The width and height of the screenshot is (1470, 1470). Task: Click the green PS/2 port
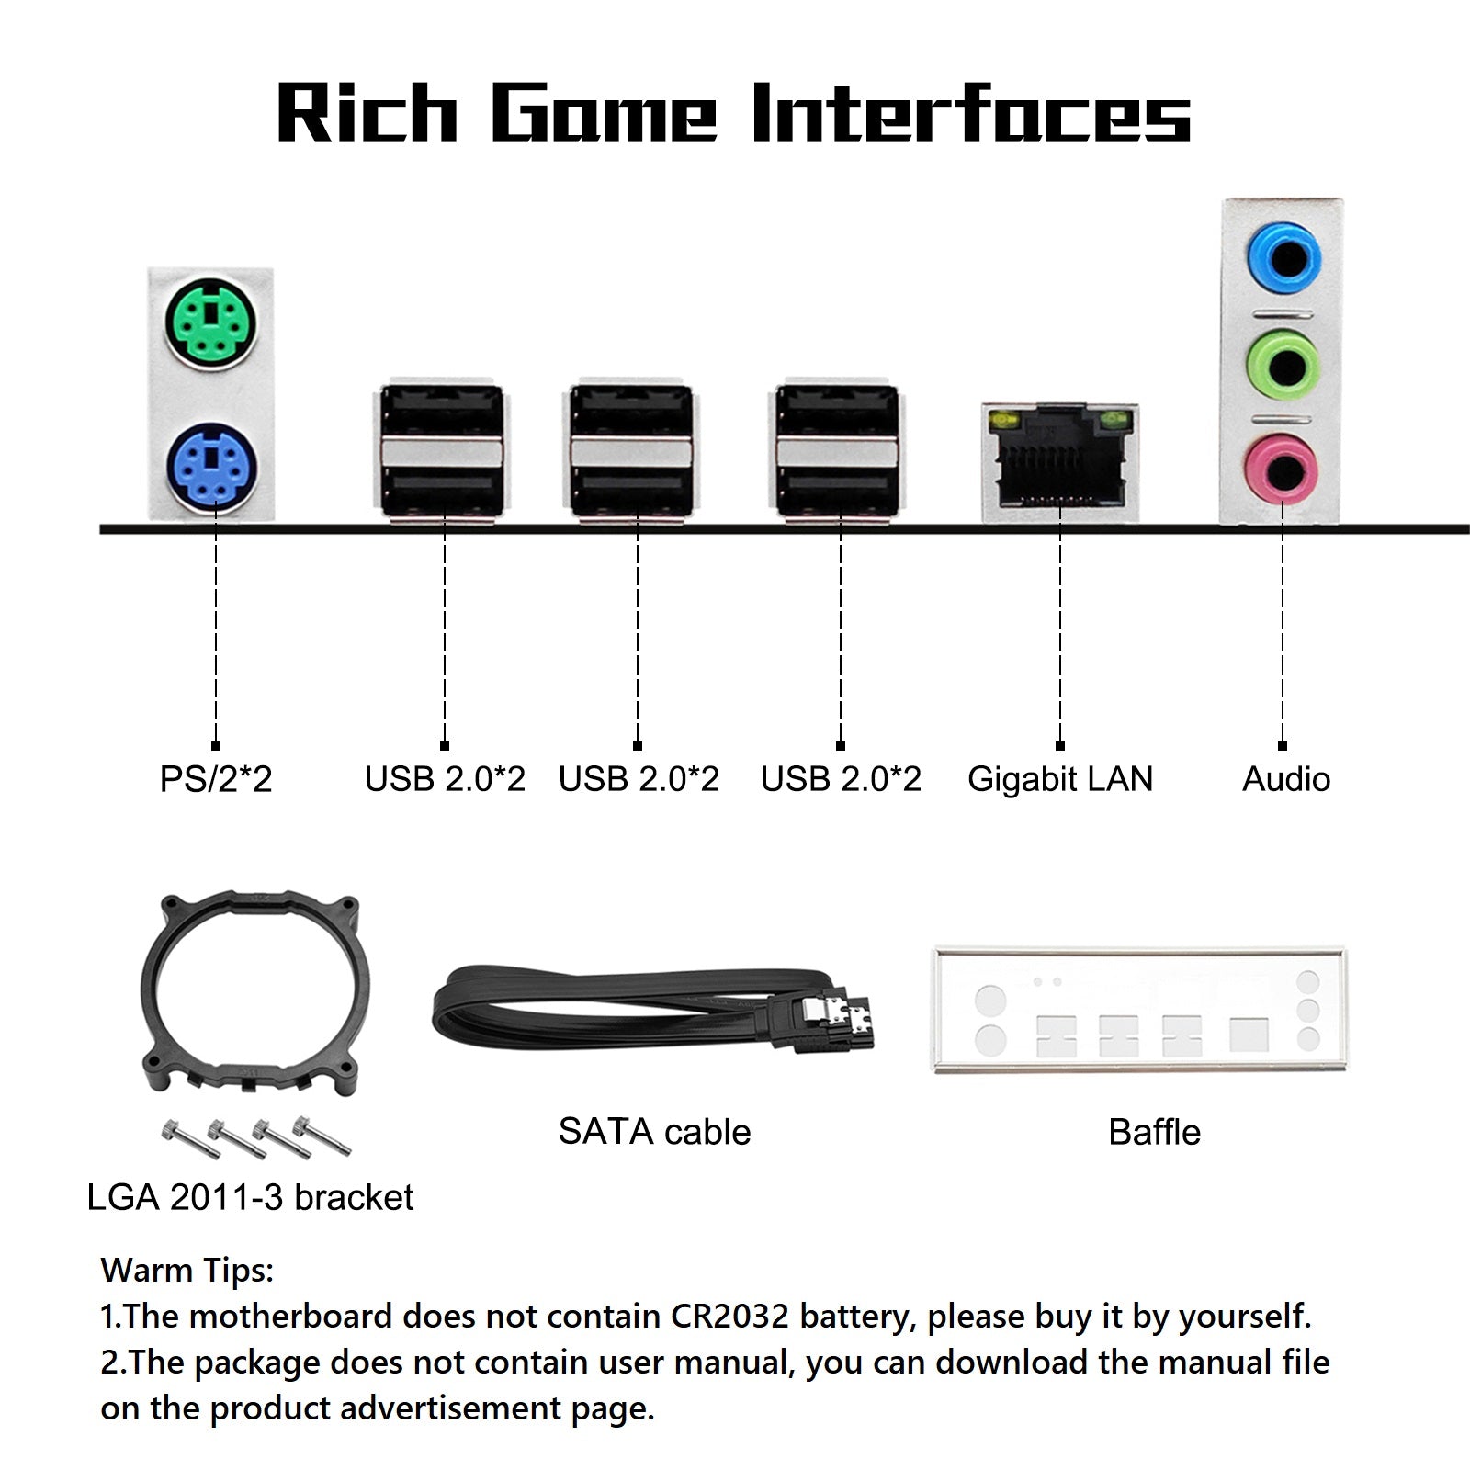click(x=212, y=323)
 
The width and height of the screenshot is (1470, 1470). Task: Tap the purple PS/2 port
click(x=212, y=467)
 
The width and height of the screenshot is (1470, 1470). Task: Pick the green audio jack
click(x=1283, y=364)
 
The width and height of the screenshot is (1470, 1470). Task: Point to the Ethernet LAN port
click(x=1059, y=462)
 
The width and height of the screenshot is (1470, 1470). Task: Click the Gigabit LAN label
click(x=1060, y=779)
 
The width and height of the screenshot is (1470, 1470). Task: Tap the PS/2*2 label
click(x=216, y=779)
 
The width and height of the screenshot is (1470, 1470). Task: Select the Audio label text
click(x=1286, y=779)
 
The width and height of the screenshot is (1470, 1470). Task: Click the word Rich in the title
click(x=367, y=114)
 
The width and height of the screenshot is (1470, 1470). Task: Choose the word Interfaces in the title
click(x=971, y=114)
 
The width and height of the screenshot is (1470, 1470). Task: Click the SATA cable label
click(x=654, y=1132)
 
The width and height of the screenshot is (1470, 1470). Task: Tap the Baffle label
click(x=1154, y=1132)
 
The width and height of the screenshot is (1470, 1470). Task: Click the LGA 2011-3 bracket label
click(x=250, y=1198)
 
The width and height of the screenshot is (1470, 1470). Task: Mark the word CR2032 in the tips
click(x=729, y=1317)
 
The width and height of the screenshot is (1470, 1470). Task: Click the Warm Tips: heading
click(x=187, y=1271)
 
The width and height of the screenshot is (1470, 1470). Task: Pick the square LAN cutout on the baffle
click(x=1249, y=1034)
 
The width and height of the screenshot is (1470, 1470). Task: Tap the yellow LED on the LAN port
click(x=1003, y=423)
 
